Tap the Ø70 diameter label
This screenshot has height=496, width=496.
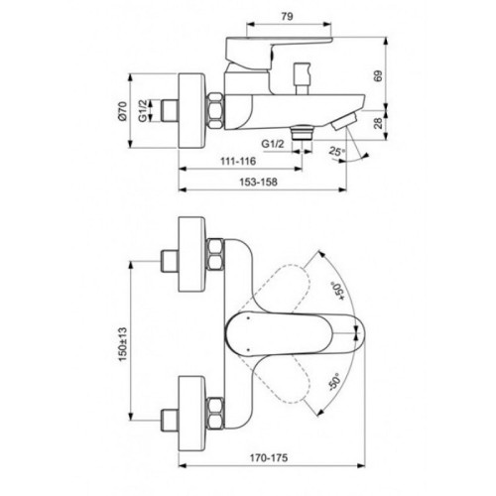119,109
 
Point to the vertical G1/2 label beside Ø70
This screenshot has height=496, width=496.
145,109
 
